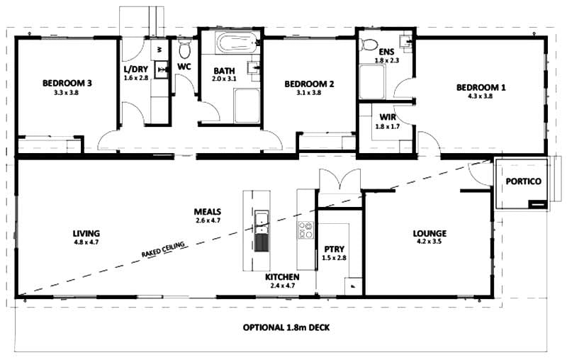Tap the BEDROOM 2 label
point(309,84)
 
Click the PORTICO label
point(523,181)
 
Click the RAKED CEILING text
point(163,249)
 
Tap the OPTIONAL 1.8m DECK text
point(286,328)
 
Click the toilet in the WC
point(185,50)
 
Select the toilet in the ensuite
point(369,45)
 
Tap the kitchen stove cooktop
point(306,230)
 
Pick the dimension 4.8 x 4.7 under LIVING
point(86,242)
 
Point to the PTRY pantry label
point(334,249)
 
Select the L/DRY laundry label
point(136,69)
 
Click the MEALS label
point(208,212)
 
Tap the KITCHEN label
point(282,276)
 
